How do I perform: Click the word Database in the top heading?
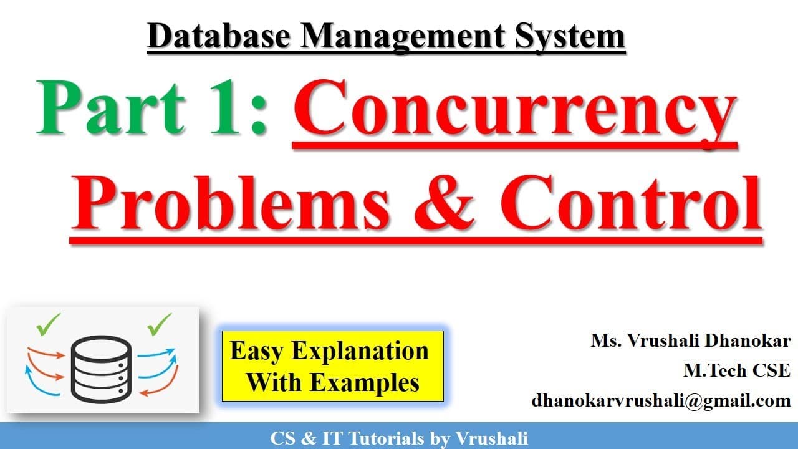[219, 36]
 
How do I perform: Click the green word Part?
[111, 107]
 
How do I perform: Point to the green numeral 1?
[224, 107]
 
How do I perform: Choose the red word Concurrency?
[515, 110]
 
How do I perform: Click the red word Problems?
[229, 203]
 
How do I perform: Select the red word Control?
[630, 203]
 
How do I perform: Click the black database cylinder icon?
[102, 369]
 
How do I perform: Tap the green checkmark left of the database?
[49, 324]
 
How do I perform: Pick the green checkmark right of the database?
[159, 324]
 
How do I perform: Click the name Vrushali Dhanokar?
[709, 340]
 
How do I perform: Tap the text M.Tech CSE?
[737, 370]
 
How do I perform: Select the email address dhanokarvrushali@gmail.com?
[661, 400]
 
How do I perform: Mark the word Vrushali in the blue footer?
[492, 438]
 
